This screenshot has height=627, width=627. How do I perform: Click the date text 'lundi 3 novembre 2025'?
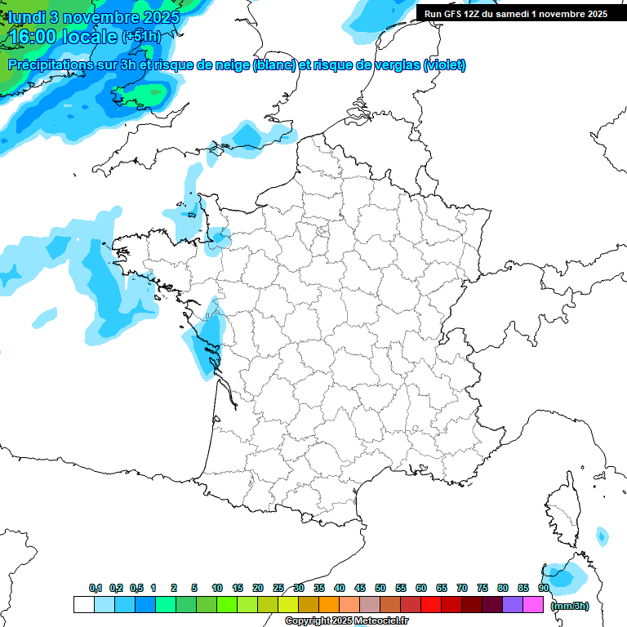[95, 16]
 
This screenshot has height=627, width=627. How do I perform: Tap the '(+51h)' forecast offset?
[141, 37]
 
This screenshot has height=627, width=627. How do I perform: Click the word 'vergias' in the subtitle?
[394, 65]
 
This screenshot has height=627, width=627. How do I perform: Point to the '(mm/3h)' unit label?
[569, 606]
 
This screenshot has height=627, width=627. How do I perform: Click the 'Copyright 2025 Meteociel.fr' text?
[346, 621]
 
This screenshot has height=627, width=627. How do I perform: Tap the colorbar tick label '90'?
[543, 588]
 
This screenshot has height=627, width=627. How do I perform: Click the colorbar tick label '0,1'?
[96, 588]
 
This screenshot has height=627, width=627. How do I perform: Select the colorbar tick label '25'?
[278, 588]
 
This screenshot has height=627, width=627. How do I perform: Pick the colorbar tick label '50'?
[380, 588]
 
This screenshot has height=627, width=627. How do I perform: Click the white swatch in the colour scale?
[83, 604]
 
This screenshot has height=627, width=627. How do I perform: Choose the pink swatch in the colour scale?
[533, 604]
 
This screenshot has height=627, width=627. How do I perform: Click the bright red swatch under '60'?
[431, 604]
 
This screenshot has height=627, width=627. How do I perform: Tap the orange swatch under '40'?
[329, 604]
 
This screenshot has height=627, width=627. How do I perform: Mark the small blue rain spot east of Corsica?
[602, 536]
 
